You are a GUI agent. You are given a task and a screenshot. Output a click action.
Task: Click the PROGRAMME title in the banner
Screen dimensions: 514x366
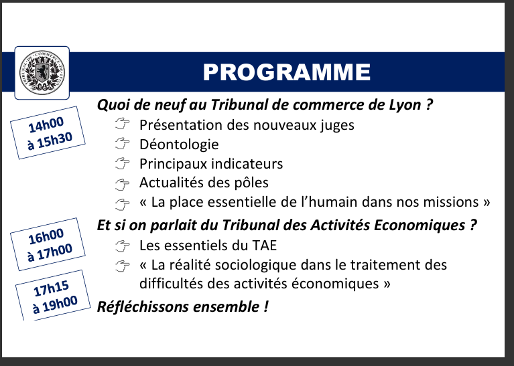coord(287,72)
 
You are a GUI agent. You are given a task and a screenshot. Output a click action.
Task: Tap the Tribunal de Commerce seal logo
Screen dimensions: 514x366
coord(42,73)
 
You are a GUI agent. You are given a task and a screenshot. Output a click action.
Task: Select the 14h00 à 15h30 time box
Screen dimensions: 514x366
coord(48,132)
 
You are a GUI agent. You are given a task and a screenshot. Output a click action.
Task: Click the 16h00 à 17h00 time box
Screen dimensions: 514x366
coord(48,244)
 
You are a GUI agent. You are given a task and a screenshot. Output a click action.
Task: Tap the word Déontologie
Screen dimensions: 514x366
coord(179,145)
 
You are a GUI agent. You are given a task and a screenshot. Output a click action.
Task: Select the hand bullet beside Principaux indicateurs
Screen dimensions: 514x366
coord(122,163)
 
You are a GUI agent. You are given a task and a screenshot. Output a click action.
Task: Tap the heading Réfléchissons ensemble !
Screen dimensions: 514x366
coord(182,306)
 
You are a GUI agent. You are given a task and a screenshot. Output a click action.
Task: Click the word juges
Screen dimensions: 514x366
coord(337,125)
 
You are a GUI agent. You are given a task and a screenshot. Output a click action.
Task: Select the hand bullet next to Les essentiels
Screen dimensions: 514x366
coord(122,246)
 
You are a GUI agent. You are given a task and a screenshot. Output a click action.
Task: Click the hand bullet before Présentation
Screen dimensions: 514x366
coord(122,124)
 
